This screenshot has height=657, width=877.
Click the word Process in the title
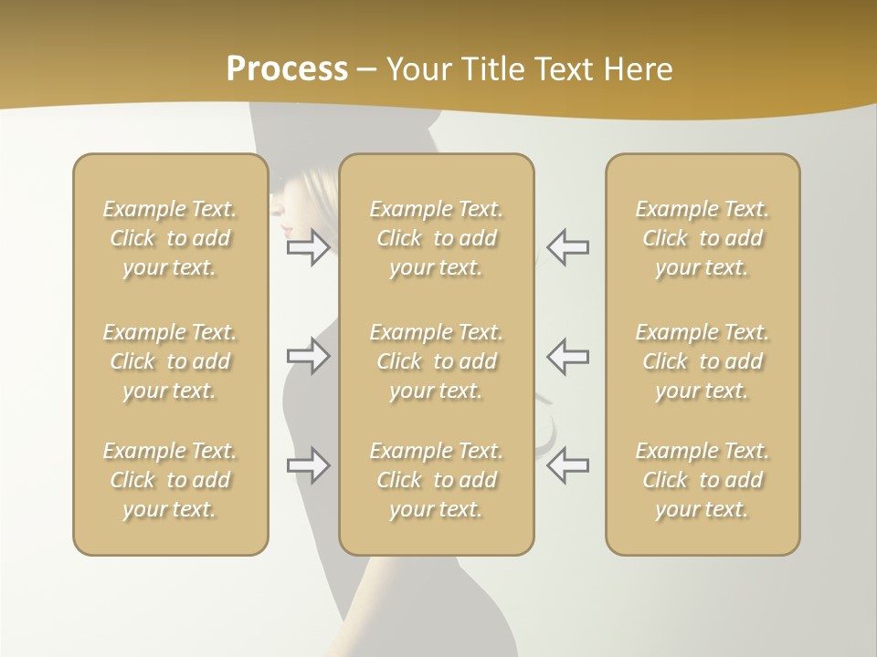pos(287,69)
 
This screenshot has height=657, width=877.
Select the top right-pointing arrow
pos(309,247)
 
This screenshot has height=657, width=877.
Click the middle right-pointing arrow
pos(309,356)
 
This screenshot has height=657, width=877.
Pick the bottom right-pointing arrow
pos(309,465)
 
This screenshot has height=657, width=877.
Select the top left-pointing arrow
pos(567,247)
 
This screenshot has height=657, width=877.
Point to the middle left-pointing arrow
pos(567,356)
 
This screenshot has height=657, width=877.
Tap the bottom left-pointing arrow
pos(567,465)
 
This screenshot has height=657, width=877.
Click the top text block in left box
pos(170,238)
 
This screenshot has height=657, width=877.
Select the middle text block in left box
pos(170,361)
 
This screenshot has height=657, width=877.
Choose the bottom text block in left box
pos(170,480)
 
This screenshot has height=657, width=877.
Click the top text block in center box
pos(436,238)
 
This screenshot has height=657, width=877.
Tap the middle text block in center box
pos(436,361)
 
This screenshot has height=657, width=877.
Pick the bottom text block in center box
pos(436,480)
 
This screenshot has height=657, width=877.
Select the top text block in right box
pos(702,238)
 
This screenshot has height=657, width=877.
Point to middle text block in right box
pos(702,361)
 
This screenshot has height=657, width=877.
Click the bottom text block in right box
pos(702,480)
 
